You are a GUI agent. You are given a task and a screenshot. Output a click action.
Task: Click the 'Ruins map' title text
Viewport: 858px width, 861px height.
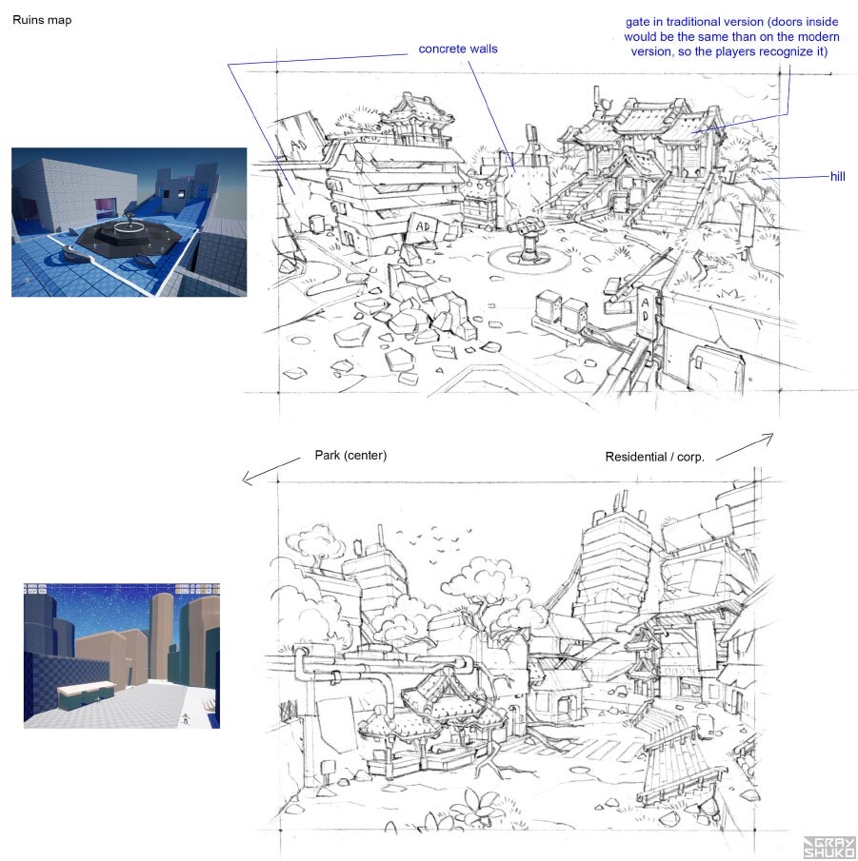(42, 20)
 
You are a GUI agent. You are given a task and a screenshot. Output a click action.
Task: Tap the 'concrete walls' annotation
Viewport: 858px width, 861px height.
(458, 49)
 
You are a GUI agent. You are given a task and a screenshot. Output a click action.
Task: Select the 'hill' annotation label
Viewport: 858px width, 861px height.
(838, 176)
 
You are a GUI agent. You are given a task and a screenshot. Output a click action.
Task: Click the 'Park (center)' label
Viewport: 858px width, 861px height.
(350, 455)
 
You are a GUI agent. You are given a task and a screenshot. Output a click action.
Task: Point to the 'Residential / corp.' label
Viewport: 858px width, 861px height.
(654, 457)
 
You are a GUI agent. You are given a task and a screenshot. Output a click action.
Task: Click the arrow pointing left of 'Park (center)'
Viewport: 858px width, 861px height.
(271, 471)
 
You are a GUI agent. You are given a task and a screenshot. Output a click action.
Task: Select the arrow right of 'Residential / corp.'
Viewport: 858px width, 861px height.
(745, 446)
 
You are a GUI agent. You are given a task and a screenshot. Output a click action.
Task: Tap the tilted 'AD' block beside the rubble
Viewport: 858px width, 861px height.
(424, 227)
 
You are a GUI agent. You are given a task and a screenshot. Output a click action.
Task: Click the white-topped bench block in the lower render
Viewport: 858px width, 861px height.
(87, 695)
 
